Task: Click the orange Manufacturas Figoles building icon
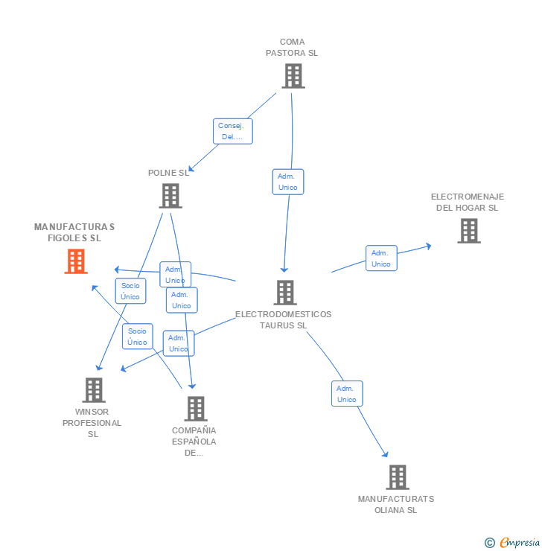76,261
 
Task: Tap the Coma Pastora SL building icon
293,75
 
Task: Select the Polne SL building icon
170,195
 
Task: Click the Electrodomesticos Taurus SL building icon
284,293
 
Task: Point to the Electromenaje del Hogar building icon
468,231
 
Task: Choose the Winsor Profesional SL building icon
94,389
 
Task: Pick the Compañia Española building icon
195,408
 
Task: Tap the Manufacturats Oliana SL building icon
398,477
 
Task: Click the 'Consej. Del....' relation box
233,131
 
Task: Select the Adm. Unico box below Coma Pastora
288,182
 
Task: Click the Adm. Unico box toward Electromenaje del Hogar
381,258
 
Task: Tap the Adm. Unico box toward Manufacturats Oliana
347,394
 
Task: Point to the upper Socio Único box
130,290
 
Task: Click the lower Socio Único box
137,337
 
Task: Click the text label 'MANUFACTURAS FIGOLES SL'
74,232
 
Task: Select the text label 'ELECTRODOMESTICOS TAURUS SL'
283,319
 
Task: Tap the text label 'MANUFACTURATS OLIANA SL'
395,504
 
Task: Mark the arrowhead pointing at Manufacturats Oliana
386,453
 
